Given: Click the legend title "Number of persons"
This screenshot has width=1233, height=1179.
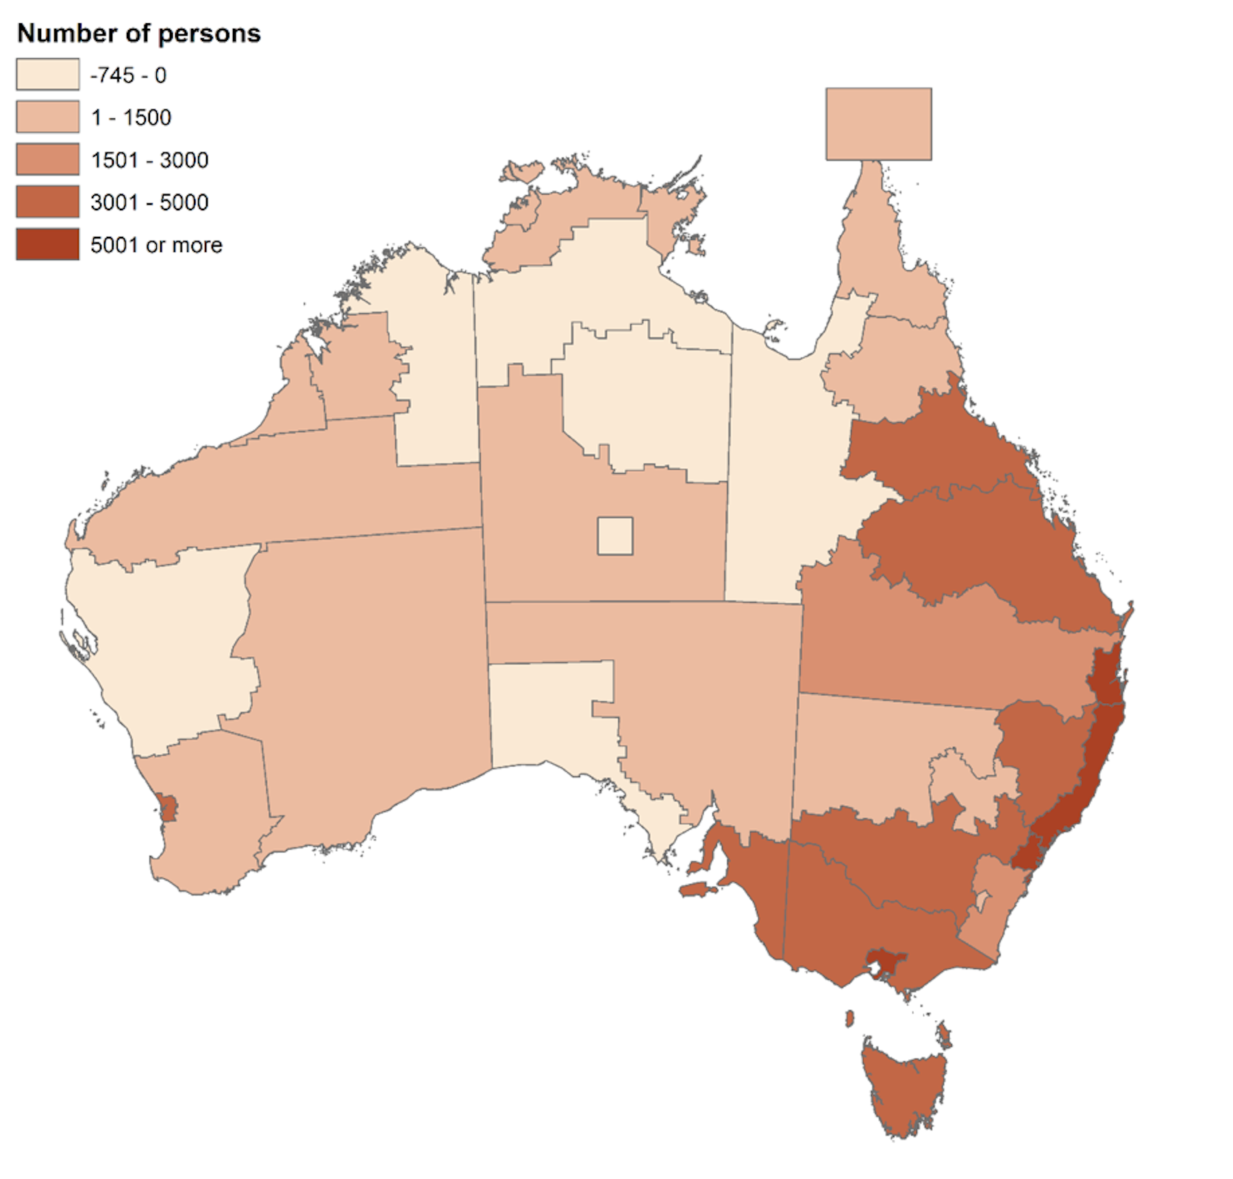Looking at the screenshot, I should (138, 34).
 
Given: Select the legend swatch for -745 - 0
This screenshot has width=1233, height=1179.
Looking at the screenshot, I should (47, 75).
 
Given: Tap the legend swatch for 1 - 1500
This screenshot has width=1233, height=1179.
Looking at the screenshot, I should (47, 117).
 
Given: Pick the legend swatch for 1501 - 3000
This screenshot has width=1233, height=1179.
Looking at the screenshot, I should (47, 160).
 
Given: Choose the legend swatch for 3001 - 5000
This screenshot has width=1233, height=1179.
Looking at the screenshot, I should (47, 202).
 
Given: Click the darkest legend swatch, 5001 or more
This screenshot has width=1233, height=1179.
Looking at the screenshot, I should (47, 244).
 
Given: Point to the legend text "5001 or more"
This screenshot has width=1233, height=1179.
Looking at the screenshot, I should (156, 245).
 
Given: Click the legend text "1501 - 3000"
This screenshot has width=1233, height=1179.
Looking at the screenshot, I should (149, 160).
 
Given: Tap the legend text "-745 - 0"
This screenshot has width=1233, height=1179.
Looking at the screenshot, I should (128, 75).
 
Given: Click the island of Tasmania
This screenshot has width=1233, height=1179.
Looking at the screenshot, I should (903, 1089).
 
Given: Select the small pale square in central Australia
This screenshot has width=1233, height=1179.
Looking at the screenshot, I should (615, 535).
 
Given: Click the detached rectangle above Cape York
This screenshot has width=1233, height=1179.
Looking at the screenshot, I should (878, 124).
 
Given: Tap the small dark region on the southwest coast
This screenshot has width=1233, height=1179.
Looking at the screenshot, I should (167, 807).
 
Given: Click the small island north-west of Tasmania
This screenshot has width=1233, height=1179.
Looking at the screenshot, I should (850, 1018).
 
